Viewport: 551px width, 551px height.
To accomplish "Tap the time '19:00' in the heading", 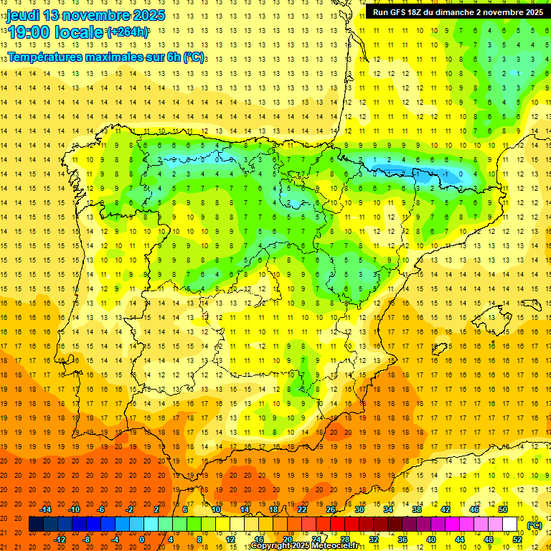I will point(27,32).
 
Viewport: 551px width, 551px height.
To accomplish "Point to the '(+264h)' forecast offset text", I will point(128,32).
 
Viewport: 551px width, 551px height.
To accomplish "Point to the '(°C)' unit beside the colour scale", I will point(534,525).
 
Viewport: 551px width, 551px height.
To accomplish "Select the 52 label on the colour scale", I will point(517,540).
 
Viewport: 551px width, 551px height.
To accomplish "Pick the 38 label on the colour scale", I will point(416,509).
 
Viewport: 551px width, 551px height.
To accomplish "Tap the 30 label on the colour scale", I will point(359,509).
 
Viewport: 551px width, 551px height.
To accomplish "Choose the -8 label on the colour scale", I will point(87,540).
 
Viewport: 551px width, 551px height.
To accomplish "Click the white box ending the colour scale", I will point(510,524).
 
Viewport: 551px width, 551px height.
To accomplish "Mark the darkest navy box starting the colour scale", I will point(36,524).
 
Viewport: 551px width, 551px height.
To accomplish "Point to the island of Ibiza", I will point(440,349).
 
